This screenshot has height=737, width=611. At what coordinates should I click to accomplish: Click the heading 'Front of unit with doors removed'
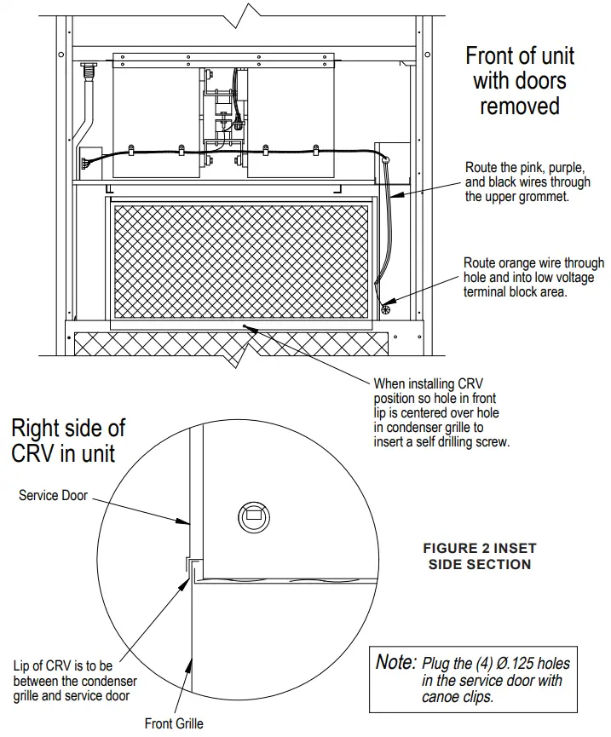pyautogui.click(x=519, y=81)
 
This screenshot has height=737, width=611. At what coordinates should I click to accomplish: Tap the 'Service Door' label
pyautogui.click(x=53, y=495)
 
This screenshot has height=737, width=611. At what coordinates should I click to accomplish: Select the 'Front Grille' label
pyautogui.click(x=174, y=723)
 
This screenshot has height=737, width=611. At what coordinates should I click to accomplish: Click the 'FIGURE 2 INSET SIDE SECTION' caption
pyautogui.click(x=479, y=556)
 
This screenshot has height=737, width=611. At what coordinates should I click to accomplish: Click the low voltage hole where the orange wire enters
pyautogui.click(x=384, y=310)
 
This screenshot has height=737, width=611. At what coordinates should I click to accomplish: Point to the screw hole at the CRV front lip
pyautogui.click(x=247, y=325)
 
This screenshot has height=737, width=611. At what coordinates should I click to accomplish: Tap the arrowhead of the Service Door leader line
pyautogui.click(x=187, y=521)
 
